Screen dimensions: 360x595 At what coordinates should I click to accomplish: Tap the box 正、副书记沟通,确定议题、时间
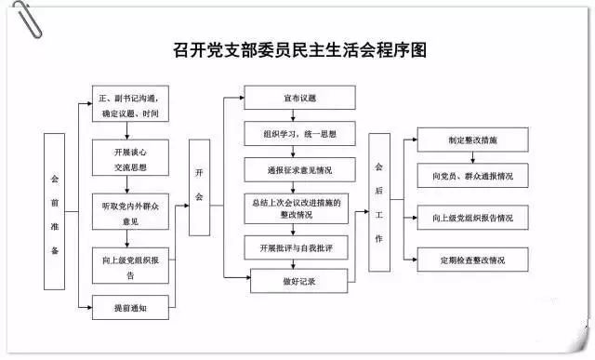click(x=132, y=104)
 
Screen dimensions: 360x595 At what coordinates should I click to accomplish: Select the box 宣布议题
click(x=298, y=97)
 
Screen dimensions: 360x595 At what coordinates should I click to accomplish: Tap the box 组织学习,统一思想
click(x=298, y=135)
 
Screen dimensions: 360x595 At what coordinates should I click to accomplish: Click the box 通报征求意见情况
click(x=298, y=169)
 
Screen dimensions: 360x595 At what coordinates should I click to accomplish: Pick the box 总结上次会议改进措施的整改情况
click(x=298, y=207)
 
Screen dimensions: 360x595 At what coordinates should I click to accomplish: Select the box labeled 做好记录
click(x=298, y=279)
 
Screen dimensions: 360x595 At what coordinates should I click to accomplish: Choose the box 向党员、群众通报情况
click(x=472, y=174)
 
